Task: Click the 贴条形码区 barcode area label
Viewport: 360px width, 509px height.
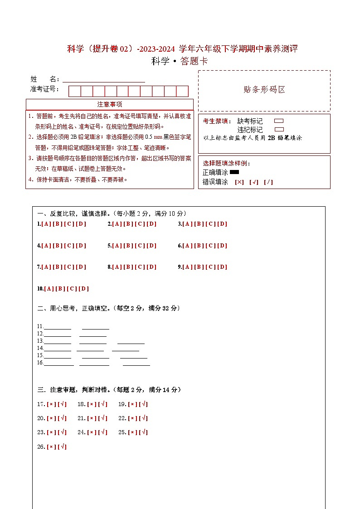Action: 264,90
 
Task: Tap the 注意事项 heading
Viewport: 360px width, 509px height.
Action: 109,104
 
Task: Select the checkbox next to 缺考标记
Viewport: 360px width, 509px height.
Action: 279,121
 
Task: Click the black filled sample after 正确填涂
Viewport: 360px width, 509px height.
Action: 234,172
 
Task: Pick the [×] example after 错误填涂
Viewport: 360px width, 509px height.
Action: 239,182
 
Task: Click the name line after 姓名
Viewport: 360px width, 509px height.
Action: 104,80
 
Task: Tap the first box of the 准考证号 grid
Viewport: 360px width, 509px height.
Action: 74,91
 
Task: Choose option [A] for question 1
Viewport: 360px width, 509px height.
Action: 46,224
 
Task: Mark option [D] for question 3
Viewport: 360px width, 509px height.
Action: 222,224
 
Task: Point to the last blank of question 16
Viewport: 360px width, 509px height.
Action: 136,363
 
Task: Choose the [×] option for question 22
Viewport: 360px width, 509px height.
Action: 133,418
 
